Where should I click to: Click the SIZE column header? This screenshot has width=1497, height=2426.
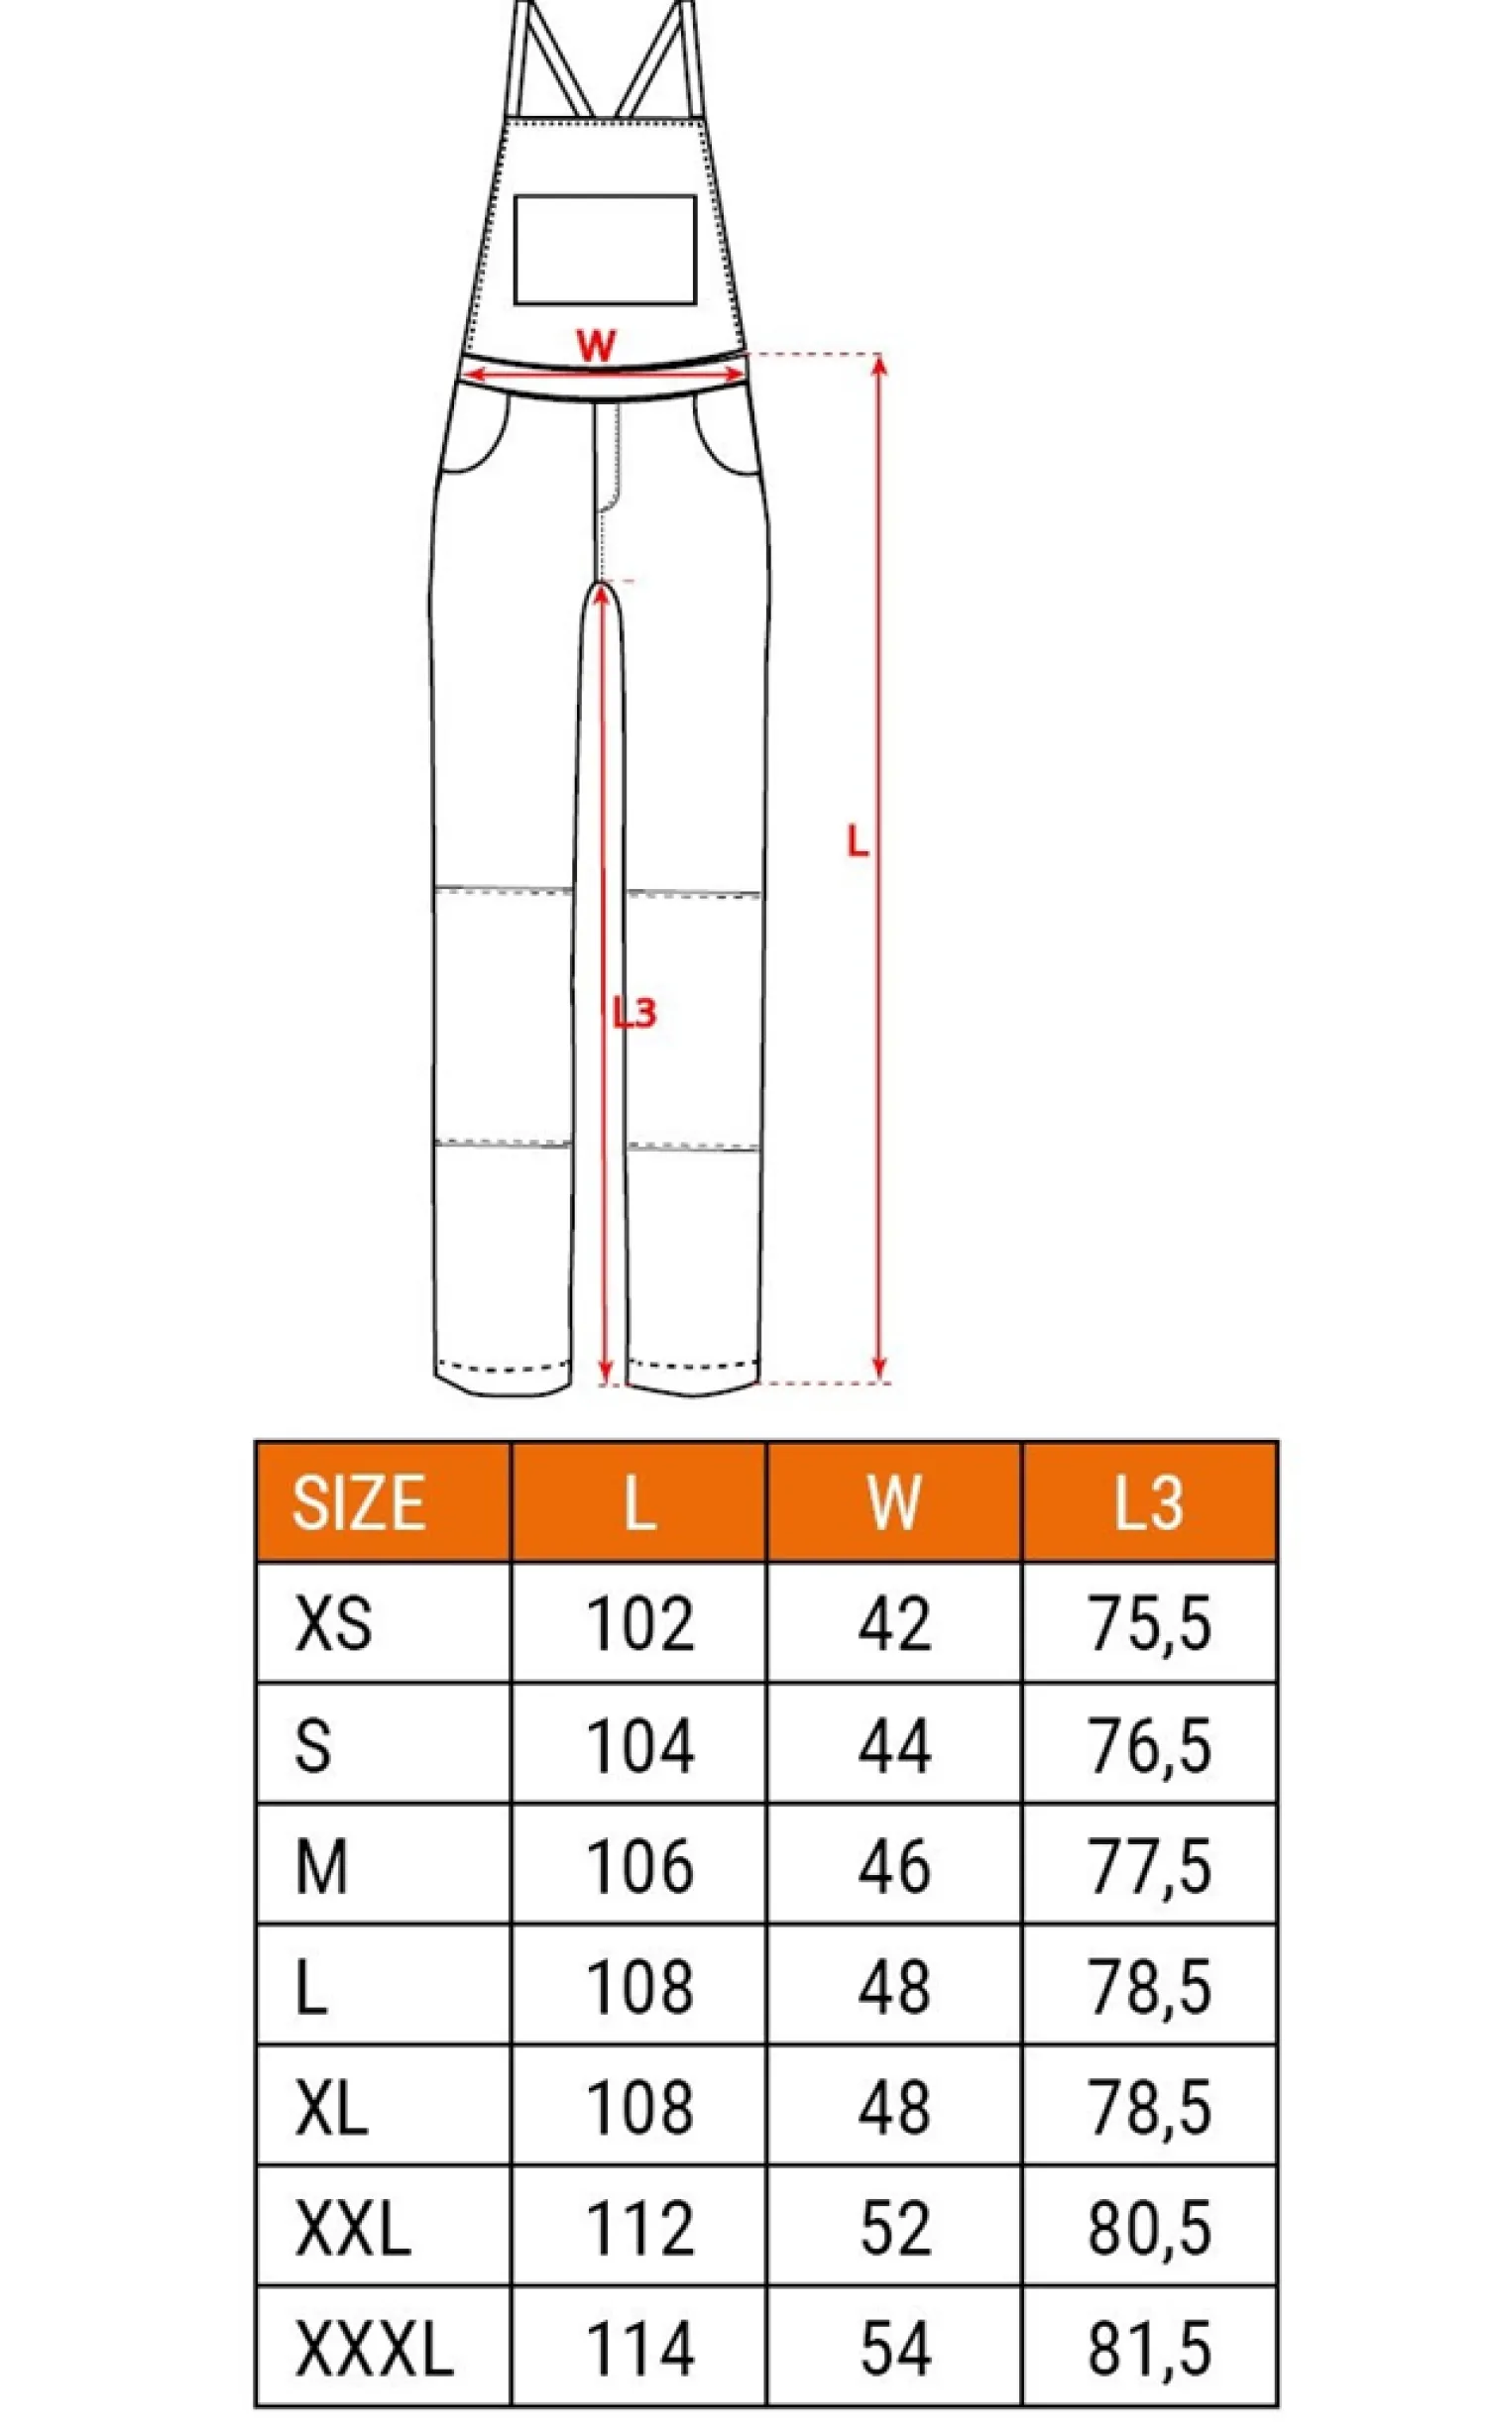[x=358, y=1502]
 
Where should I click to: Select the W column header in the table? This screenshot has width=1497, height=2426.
[x=894, y=1502]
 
